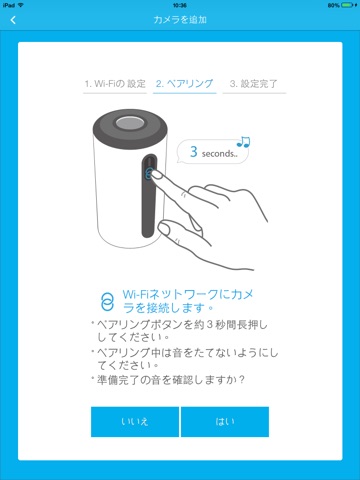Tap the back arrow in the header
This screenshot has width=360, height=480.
coord(13,20)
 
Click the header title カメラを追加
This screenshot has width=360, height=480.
coord(180,20)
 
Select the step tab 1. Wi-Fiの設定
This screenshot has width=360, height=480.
coord(115,84)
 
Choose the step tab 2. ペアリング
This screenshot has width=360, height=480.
coord(184,83)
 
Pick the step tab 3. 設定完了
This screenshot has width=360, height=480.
coord(254,84)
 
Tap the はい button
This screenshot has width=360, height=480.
coord(225,422)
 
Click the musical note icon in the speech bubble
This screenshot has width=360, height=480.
coord(243,142)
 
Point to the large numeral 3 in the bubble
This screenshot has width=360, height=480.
coord(194,152)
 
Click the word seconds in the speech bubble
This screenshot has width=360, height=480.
coord(217,154)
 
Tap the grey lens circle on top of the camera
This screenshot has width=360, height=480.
coord(130,123)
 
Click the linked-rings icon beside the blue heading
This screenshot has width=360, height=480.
coord(107,302)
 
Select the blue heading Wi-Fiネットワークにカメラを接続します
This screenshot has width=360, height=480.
coord(188,301)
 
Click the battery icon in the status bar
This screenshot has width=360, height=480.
coord(347,5)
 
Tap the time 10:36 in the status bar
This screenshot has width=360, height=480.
coord(180,5)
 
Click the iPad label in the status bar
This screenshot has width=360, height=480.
coord(9,5)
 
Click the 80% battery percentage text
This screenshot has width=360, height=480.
coord(333,5)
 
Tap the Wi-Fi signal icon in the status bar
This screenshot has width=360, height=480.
coord(21,5)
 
